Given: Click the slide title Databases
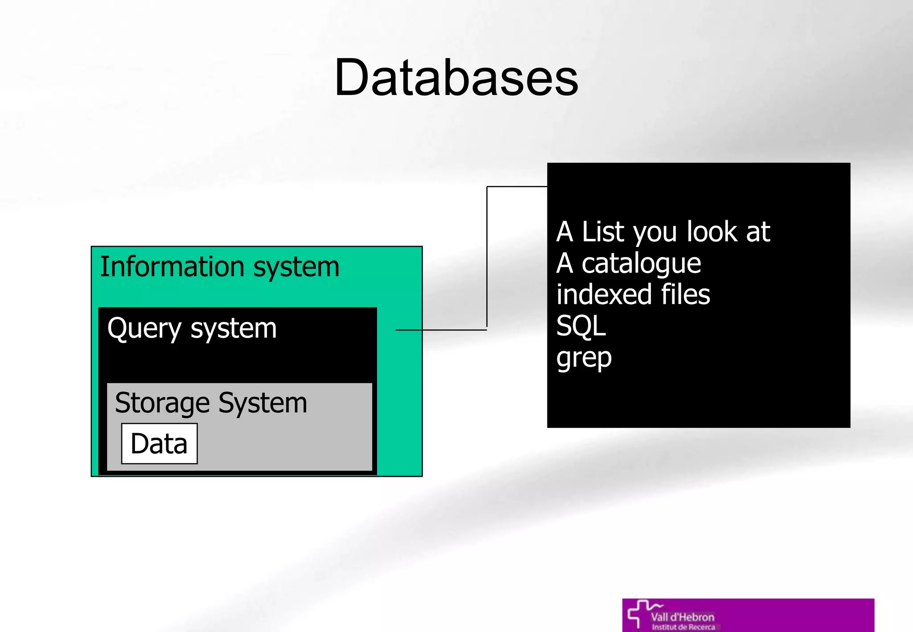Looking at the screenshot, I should pyautogui.click(x=456, y=78).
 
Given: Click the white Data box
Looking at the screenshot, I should pyautogui.click(x=159, y=444).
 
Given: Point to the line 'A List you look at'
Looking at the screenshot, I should pyautogui.click(x=663, y=232).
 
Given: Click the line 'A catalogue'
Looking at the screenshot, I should pyautogui.click(x=629, y=263).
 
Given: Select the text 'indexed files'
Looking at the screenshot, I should pyautogui.click(x=633, y=295).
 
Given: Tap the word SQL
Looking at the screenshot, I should pyautogui.click(x=581, y=326).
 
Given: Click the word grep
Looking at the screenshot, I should pyautogui.click(x=584, y=358).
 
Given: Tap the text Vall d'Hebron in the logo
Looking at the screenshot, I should pyautogui.click(x=683, y=617).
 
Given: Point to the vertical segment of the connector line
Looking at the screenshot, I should pyautogui.click(x=487, y=259).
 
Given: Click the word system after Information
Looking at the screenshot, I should pyautogui.click(x=296, y=267).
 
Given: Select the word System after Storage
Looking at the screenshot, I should pyautogui.click(x=263, y=403).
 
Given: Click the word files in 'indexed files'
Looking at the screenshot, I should pyautogui.click(x=685, y=295).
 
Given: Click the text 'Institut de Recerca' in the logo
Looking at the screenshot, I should pyautogui.click(x=683, y=627).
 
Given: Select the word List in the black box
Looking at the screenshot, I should pyautogui.click(x=603, y=232).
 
